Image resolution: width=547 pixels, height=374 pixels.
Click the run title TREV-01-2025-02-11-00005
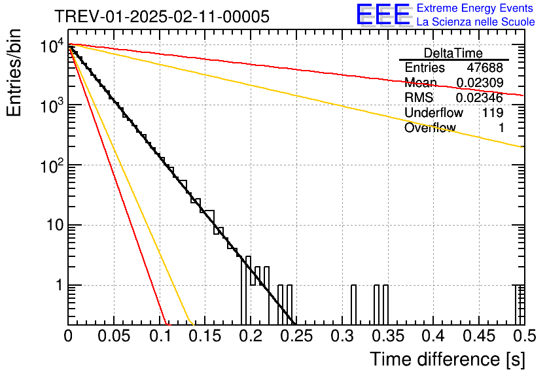(162, 16)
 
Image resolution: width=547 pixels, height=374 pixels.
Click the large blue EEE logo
(384, 14)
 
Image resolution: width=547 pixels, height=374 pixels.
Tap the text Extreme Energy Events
(475, 8)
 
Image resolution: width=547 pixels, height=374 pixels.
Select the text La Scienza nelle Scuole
(476, 22)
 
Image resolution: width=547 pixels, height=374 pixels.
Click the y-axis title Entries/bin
(14, 73)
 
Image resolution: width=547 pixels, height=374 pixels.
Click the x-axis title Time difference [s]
(448, 360)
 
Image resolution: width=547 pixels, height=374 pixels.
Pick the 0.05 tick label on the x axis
(114, 336)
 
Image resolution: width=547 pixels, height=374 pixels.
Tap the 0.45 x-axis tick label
(480, 336)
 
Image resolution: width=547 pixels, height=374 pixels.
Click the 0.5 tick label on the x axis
(525, 336)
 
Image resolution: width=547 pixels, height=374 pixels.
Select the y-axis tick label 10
(56, 225)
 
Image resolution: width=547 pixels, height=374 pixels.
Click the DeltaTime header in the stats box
(453, 53)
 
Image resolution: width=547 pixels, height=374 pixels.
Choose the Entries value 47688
(485, 67)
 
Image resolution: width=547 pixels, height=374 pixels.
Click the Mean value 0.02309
(480, 82)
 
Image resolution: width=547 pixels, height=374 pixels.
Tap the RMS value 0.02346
(480, 97)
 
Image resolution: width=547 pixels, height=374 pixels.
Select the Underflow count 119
(493, 112)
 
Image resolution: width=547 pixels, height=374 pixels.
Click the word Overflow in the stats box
(430, 127)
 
